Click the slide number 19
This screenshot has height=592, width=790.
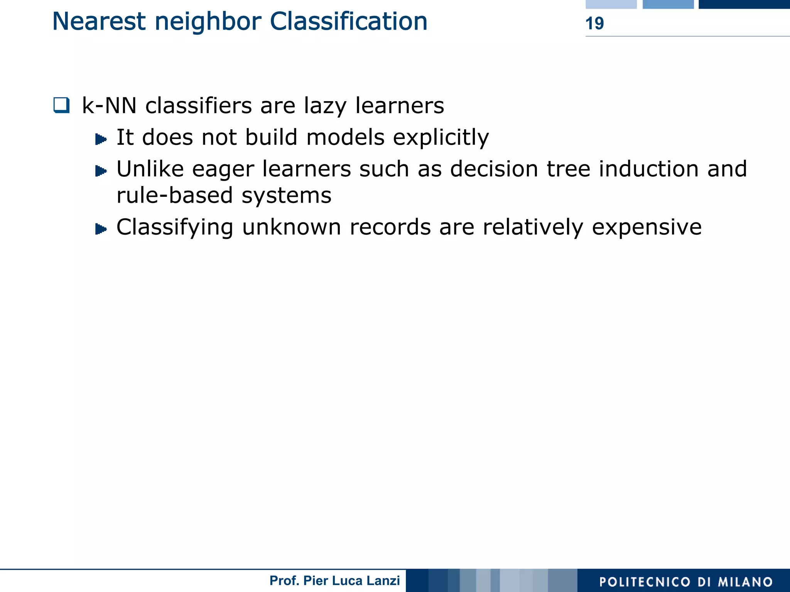[x=594, y=24]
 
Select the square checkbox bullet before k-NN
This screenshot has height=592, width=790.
[x=62, y=105]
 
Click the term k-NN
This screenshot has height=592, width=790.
[x=109, y=105]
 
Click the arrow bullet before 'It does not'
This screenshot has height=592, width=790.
[x=101, y=139]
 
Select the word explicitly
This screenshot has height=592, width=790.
[x=441, y=137]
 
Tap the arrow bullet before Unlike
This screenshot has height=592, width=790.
[x=101, y=171]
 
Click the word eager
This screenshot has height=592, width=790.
[x=223, y=170]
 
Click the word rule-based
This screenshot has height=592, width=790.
[x=175, y=195]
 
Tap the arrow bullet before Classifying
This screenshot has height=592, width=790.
[x=101, y=229]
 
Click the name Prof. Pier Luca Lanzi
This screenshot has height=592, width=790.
[x=334, y=580]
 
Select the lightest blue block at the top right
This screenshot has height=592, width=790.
[x=611, y=4]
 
